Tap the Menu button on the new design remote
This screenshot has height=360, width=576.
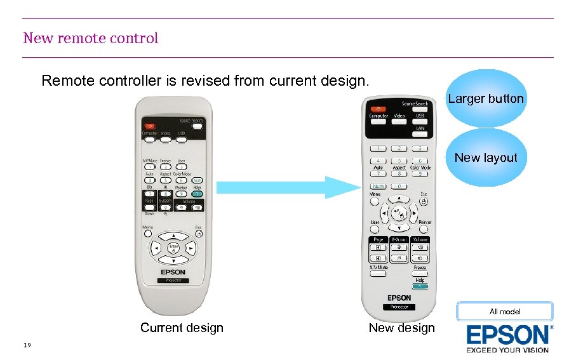point(376,200)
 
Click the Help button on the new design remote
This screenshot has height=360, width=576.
point(420,286)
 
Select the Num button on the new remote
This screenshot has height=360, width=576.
point(377,186)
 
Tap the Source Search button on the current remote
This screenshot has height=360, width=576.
point(198,126)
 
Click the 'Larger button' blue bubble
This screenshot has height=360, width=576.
point(486,98)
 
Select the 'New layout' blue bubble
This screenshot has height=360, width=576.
point(486,157)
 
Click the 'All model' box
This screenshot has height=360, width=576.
point(505,311)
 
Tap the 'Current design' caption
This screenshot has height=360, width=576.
point(182,328)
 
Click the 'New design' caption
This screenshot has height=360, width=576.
point(401,328)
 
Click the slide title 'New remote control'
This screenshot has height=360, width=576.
point(91,38)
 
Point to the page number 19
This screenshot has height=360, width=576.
point(27,345)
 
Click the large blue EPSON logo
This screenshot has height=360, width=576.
point(508,335)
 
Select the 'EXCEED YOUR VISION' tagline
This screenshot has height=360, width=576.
point(507,349)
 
